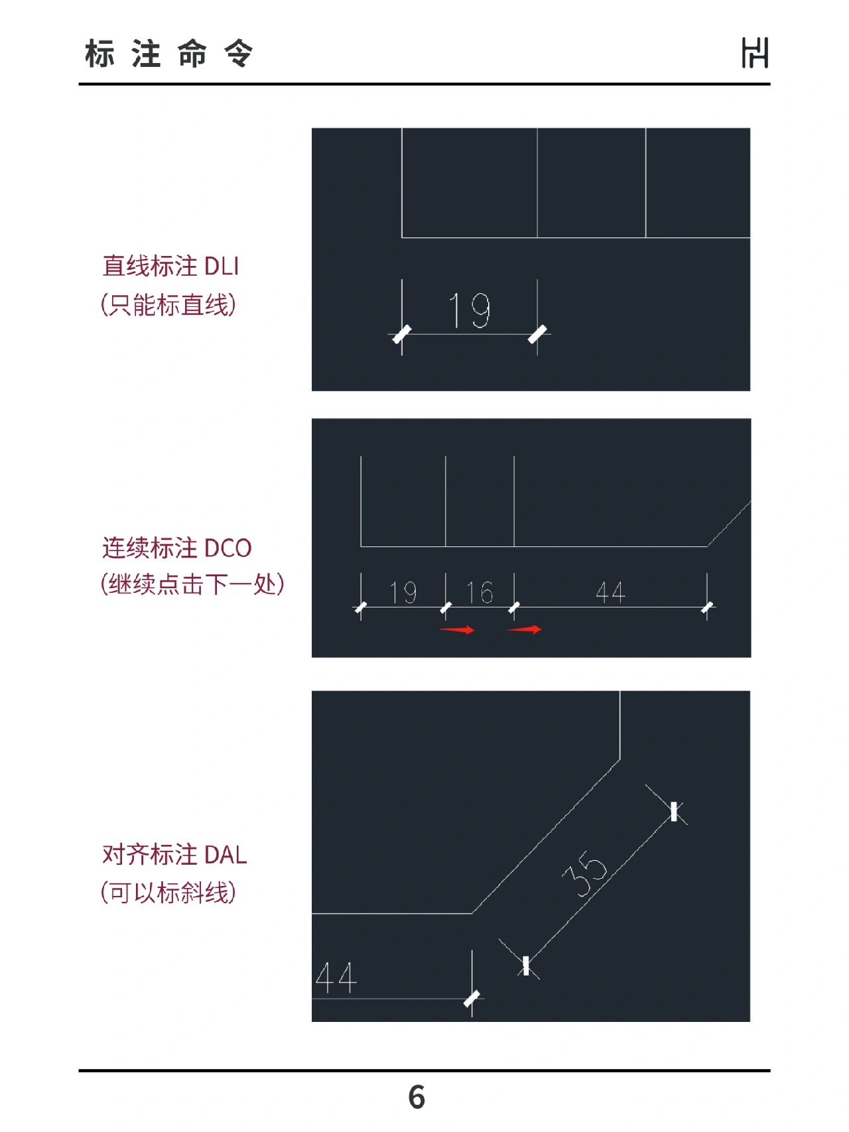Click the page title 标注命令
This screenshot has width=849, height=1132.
[x=169, y=54]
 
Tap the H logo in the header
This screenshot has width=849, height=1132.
[x=755, y=53]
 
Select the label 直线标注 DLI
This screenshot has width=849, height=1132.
[x=170, y=266]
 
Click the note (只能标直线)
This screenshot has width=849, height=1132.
[x=168, y=305]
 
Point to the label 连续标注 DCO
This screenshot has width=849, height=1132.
[x=177, y=548]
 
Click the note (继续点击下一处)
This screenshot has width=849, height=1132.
[x=192, y=584]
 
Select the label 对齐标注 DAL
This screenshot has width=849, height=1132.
[x=174, y=855]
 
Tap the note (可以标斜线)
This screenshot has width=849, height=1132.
[x=168, y=893]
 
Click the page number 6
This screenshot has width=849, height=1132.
[x=417, y=1098]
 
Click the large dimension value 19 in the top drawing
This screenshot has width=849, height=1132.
[x=470, y=310]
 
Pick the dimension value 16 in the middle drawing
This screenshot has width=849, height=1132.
[x=480, y=592]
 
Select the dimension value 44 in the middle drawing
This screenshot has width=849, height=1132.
[x=610, y=592]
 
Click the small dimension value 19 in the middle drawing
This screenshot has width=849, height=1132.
[x=403, y=592]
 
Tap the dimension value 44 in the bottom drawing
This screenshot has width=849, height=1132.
[x=336, y=977]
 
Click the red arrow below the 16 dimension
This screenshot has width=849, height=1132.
[x=458, y=629]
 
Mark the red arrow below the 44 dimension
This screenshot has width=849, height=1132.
[x=524, y=629]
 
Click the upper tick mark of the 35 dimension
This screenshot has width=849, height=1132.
[x=674, y=812]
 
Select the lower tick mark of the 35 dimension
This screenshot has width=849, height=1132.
[x=526, y=966]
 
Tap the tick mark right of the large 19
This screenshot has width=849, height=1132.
[x=537, y=334]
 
